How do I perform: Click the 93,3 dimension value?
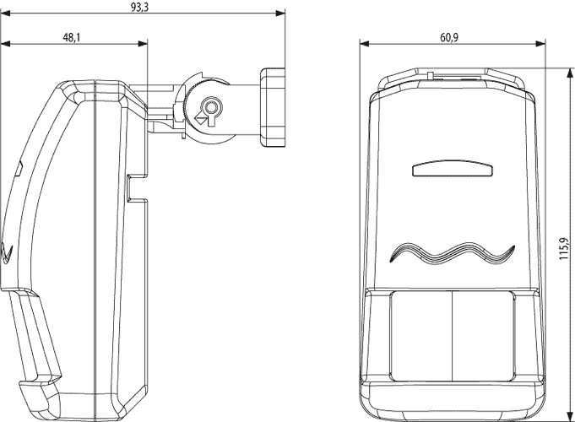pos(139,8)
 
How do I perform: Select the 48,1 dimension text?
pos(72,37)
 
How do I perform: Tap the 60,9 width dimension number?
pos(449,37)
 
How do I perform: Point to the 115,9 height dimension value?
pos(564,249)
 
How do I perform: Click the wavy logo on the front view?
pos(453,253)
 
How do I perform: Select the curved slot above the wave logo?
pos(453,168)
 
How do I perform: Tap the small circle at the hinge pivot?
pos(210,108)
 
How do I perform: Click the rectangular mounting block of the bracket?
pos(273,107)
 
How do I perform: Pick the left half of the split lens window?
pos(421,336)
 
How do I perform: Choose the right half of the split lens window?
pos(483,336)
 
